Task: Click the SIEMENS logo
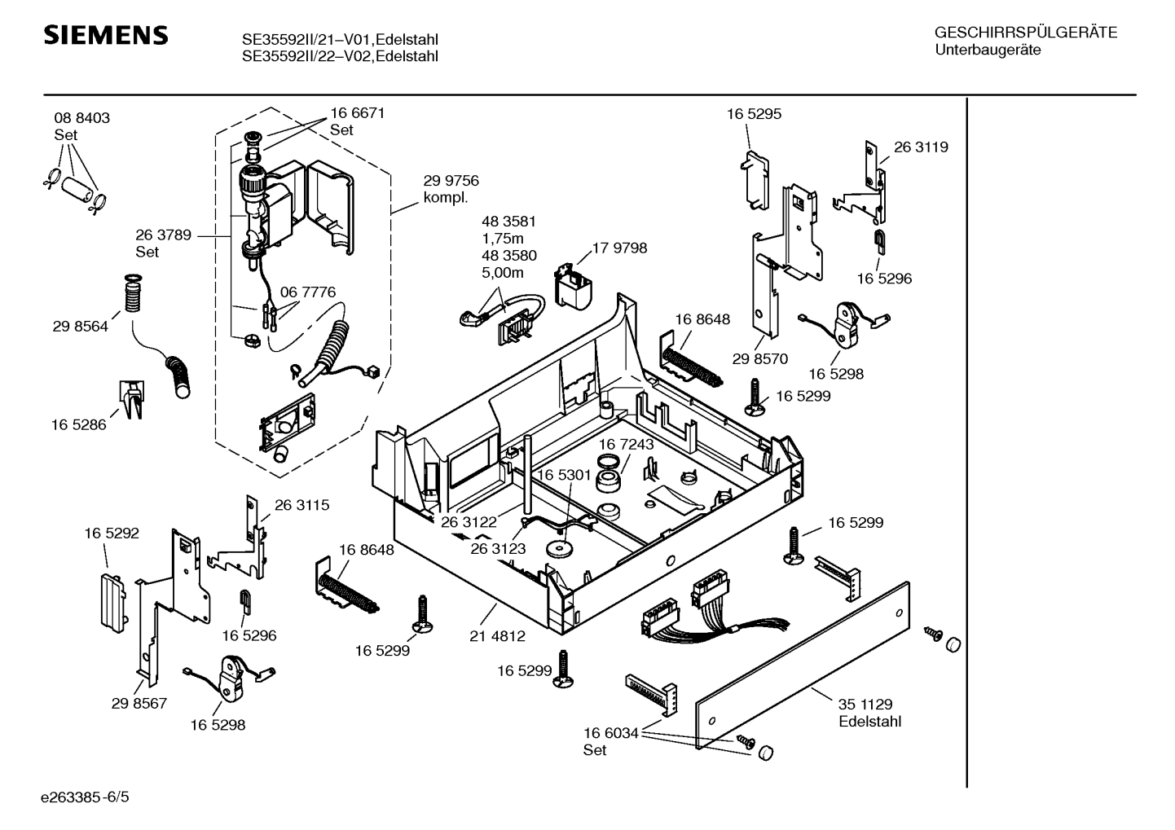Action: (105, 35)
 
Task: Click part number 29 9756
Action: (451, 181)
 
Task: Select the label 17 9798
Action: (619, 248)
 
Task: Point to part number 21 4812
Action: (497, 636)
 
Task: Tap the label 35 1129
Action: (865, 705)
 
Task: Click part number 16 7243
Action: (626, 445)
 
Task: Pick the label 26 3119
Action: (921, 147)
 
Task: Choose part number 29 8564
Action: (80, 327)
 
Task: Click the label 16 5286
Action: (78, 424)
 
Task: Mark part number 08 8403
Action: (81, 118)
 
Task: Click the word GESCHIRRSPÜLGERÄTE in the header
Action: (1025, 33)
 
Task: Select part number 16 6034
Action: (610, 733)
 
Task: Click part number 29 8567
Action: (139, 703)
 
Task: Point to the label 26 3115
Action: (301, 505)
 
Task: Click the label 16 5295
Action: (754, 114)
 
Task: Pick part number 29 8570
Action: (759, 358)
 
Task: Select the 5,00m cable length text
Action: (503, 273)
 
